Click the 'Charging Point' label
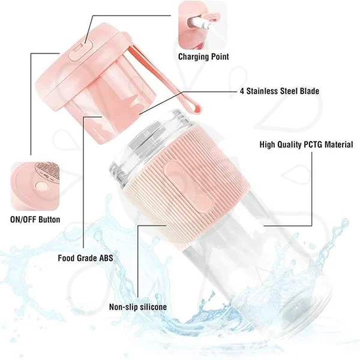203,57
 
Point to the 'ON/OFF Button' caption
35,219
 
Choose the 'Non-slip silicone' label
137,307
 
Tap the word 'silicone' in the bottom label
152,307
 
